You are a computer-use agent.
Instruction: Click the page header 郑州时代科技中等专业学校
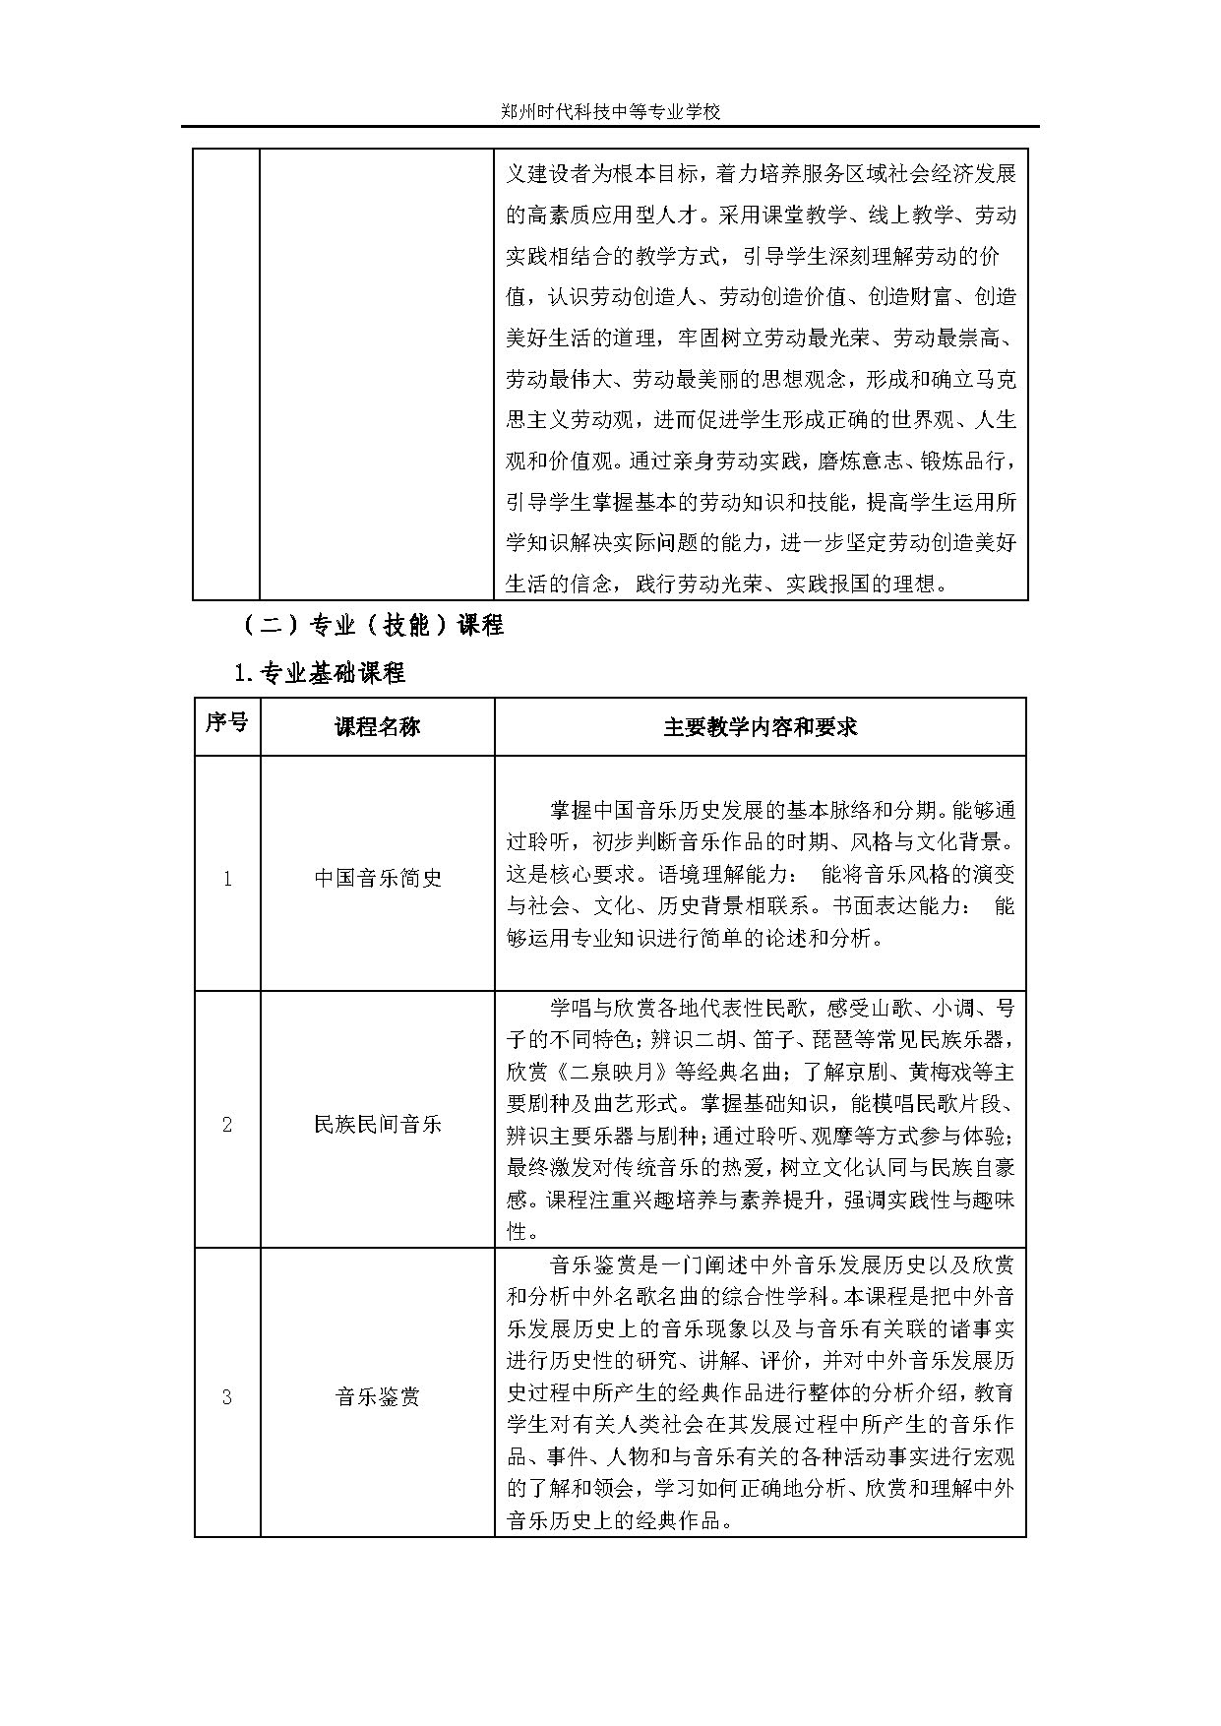tap(610, 111)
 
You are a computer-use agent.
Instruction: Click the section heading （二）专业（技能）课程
tap(371, 625)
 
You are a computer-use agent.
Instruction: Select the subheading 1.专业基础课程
tap(319, 674)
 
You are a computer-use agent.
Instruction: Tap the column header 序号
tap(226, 724)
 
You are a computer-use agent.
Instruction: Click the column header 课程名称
tap(377, 726)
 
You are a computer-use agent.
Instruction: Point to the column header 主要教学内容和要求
tap(760, 726)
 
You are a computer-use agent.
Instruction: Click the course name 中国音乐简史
tap(377, 878)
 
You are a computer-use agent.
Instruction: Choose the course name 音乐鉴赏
tap(377, 1395)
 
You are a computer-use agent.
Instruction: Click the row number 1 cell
tap(226, 878)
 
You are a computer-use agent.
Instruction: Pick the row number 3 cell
tap(226, 1395)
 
